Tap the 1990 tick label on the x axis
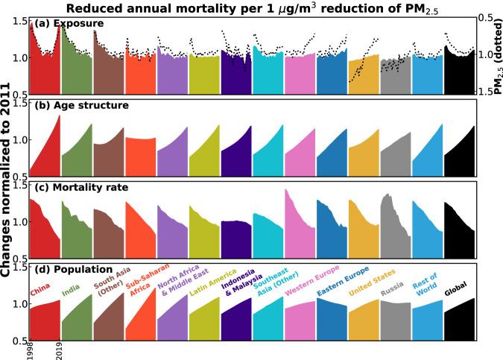[x=29, y=350]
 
